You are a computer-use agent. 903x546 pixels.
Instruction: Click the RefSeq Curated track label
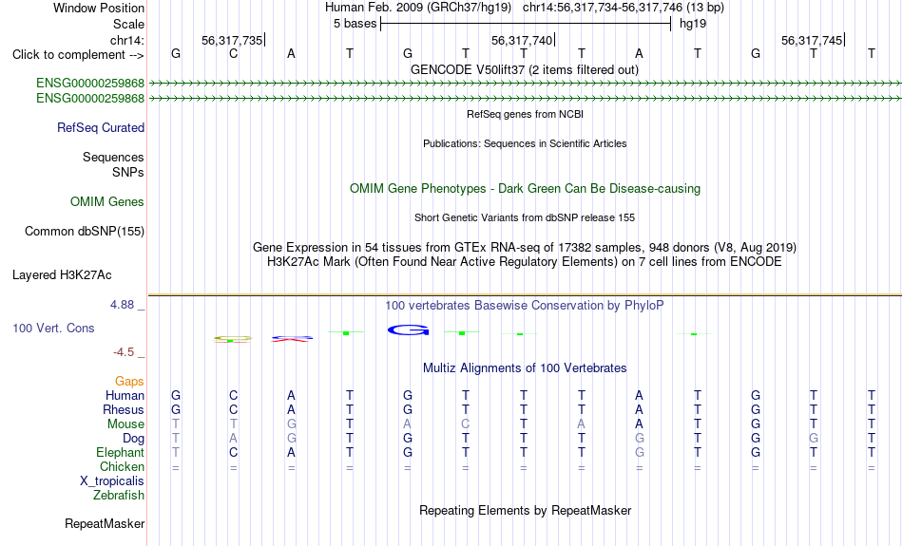coord(101,128)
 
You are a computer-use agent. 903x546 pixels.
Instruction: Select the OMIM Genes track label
coord(107,202)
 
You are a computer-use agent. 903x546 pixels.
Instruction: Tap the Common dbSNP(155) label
coord(85,232)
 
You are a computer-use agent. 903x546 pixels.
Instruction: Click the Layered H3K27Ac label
coord(62,275)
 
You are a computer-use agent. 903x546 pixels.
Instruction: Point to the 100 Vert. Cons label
coord(53,328)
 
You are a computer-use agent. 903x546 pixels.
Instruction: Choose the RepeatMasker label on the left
coord(105,523)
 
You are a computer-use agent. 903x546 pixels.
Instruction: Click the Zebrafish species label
coord(119,496)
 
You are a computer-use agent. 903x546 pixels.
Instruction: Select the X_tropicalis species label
coord(112,481)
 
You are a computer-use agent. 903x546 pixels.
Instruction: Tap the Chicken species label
coord(122,466)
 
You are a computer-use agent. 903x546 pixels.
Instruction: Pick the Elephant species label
coord(121,453)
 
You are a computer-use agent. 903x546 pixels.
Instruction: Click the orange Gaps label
coord(129,382)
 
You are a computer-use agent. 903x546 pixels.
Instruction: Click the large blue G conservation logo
coord(409,329)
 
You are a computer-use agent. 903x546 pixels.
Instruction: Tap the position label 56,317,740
coord(522,40)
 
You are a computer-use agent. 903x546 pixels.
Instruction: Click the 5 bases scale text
coord(355,24)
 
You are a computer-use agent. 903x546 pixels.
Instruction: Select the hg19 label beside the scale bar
coord(693,24)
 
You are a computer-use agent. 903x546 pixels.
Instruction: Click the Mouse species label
coord(125,424)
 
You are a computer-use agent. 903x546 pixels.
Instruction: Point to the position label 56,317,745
coord(812,40)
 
